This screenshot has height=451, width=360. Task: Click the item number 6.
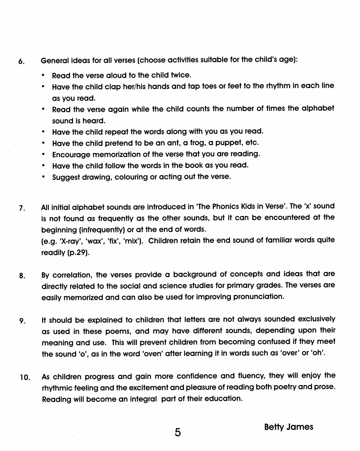click(x=21, y=62)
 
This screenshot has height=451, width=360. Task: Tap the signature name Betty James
click(x=288, y=427)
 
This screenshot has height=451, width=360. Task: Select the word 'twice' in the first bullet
click(x=180, y=75)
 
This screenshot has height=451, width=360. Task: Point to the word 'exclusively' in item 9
click(x=316, y=319)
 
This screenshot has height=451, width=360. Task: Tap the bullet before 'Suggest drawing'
click(x=44, y=177)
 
